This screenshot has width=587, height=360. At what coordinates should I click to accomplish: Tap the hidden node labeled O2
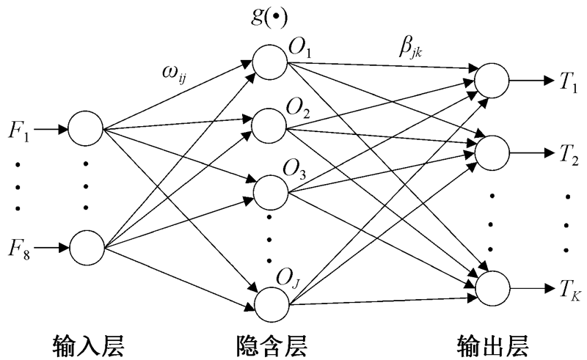(x=269, y=125)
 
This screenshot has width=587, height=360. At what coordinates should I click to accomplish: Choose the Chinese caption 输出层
(x=492, y=342)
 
